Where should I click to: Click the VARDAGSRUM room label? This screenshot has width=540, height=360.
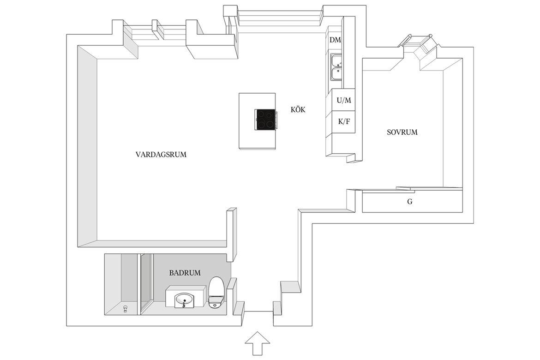point(161,154)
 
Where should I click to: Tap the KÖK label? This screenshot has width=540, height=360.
point(298,110)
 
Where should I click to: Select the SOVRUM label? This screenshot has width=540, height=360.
point(402,132)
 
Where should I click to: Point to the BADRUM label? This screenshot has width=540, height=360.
point(185,273)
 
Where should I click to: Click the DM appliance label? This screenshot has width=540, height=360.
point(335,40)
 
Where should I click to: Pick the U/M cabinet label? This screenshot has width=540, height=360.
point(344,100)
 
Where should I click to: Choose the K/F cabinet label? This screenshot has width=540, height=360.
point(344,121)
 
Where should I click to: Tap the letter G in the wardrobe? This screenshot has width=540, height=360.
point(410,202)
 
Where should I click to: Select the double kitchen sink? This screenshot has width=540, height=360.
point(336,67)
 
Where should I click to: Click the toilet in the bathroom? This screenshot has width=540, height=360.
point(216,292)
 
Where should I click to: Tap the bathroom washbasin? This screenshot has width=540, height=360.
point(185,300)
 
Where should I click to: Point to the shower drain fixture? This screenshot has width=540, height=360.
point(126,308)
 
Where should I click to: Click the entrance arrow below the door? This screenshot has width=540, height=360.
point(257,343)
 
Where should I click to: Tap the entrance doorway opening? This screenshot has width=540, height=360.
point(259,311)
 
